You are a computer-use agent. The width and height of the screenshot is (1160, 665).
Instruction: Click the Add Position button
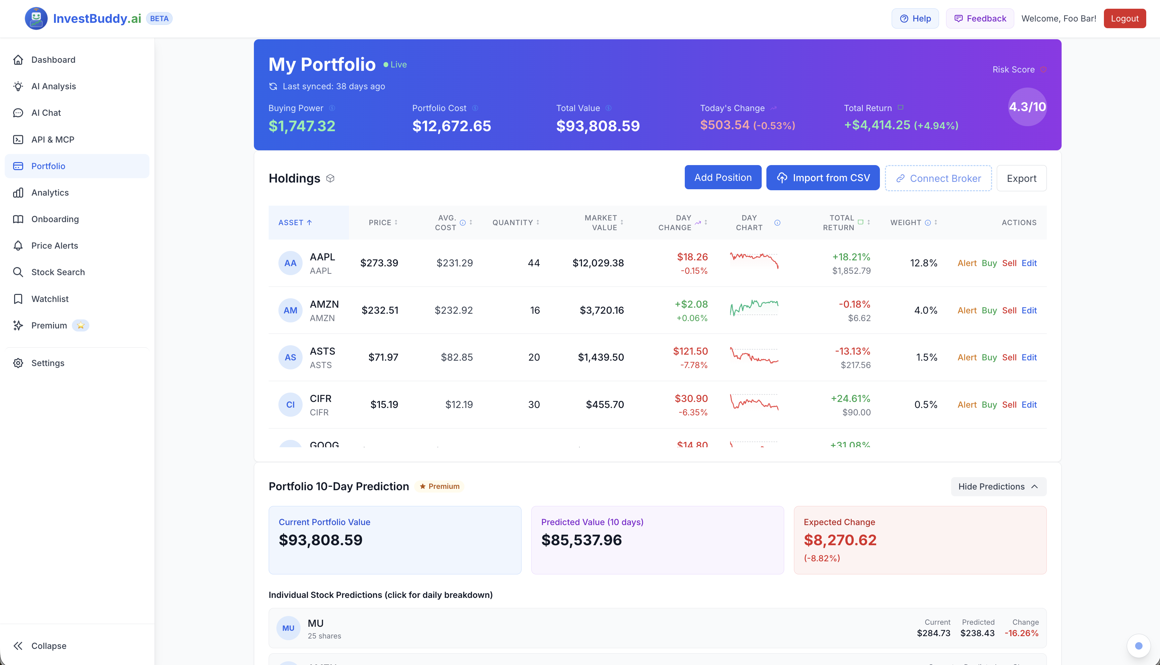[x=723, y=178]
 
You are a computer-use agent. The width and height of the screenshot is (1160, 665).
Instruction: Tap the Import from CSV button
[x=823, y=178]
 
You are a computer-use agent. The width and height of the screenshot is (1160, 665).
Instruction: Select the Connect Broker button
[x=938, y=178]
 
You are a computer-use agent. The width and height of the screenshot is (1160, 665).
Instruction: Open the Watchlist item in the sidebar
[x=50, y=299]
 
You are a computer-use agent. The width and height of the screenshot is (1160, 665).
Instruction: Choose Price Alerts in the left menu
[x=54, y=246]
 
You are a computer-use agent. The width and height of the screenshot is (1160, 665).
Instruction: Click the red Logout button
[x=1124, y=18]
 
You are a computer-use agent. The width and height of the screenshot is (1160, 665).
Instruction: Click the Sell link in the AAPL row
[x=1009, y=263]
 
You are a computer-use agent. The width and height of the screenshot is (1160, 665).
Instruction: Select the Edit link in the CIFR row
[x=1029, y=405]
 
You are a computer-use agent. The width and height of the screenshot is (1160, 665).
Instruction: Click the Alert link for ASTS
[x=967, y=358]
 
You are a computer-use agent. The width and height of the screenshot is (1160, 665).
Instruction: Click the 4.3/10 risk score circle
[x=1027, y=107]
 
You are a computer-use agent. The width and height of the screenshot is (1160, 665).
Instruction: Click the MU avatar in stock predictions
[x=288, y=628]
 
